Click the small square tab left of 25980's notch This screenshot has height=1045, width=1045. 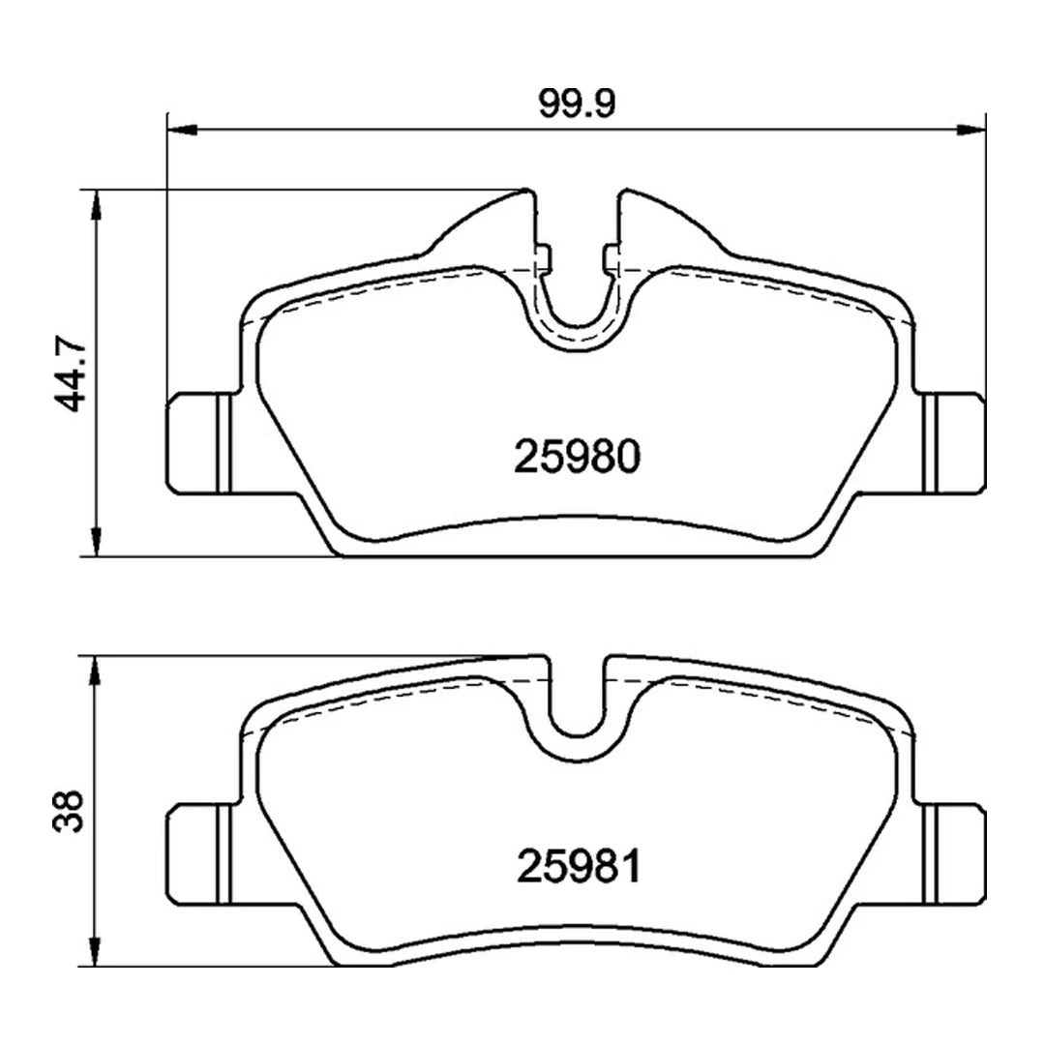(544, 256)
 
